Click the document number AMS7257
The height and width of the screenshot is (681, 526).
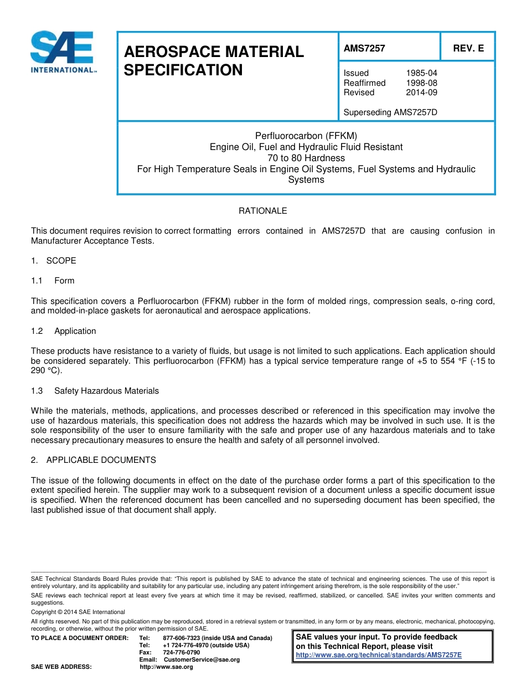pos(364,48)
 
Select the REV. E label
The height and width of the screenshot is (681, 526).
pos(468,48)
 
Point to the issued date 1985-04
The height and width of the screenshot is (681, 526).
pos(421,73)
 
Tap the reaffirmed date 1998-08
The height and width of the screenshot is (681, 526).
pos(421,83)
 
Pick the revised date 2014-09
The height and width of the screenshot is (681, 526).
pos(421,92)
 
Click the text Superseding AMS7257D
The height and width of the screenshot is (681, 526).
pos(390,112)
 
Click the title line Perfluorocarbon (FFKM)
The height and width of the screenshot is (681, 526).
pos(306,136)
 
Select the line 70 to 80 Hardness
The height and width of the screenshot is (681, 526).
pos(306,158)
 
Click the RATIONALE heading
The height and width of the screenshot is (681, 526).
pos(262,211)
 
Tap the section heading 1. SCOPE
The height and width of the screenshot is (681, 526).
pos(54,261)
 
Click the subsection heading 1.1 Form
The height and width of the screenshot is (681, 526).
pos(53,281)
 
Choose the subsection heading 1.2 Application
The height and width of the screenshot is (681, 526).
pos(64,331)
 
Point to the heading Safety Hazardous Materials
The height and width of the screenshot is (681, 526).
pos(106,391)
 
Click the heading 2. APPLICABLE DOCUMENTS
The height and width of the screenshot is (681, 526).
pos(94,460)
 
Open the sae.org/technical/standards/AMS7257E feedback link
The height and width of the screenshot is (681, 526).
pos(379,655)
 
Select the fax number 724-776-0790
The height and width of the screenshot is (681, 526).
pos(182,653)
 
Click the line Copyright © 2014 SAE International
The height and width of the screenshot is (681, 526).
pos(78,612)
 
